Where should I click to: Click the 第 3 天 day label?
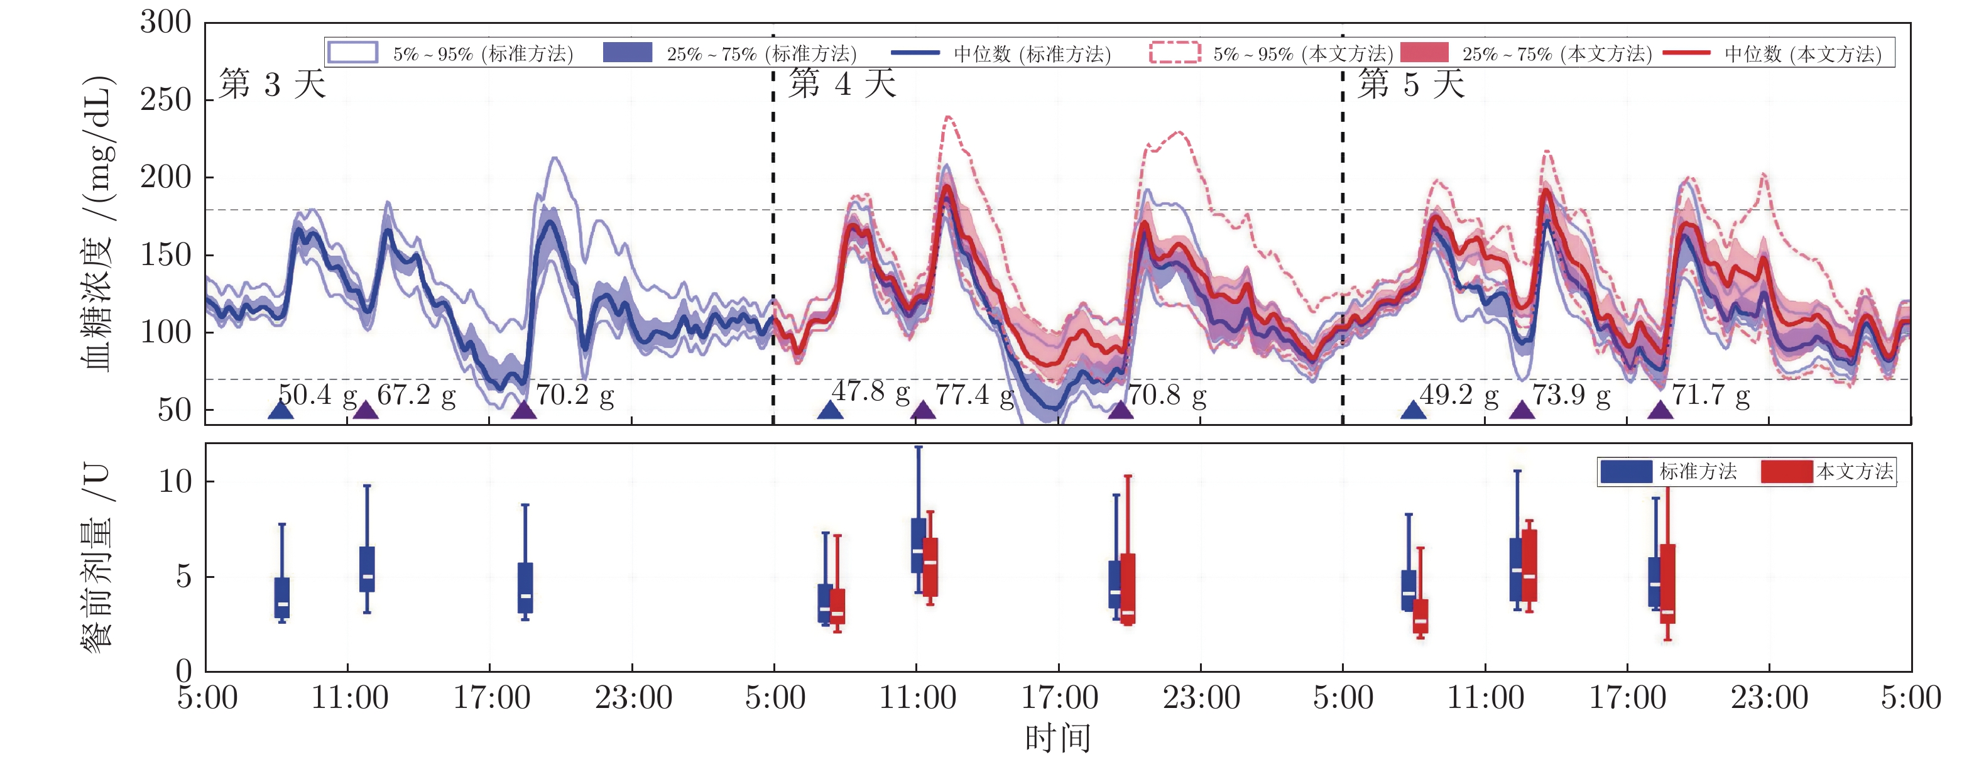272,84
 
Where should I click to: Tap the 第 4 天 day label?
842,84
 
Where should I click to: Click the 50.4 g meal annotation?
317,395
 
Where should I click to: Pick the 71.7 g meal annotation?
1711,395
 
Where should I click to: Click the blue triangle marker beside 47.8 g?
830,410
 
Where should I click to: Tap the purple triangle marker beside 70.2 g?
524,410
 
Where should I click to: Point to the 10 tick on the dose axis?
175,482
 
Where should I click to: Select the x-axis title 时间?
1058,738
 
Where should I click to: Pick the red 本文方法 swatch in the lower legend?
1787,472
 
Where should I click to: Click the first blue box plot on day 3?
282,597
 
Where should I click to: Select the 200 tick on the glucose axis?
166,177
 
